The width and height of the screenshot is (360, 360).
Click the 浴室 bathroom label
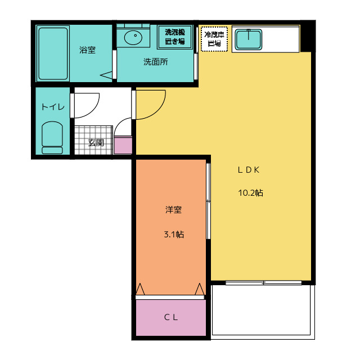tap(87, 50)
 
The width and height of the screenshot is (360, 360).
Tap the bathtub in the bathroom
tap(52, 53)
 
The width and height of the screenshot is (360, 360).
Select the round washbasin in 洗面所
tap(134, 38)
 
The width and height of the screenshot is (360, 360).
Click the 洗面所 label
tap(155, 62)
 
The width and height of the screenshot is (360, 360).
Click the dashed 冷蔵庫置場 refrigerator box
tap(214, 39)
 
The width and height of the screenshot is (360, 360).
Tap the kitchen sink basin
tap(247, 39)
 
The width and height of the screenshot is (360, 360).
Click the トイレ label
tap(53, 107)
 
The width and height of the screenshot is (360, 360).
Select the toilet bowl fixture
tap(52, 137)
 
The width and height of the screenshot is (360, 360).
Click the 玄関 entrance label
tap(96, 143)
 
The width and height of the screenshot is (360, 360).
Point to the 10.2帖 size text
tap(251, 193)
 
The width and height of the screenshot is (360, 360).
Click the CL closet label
tap(171, 317)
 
